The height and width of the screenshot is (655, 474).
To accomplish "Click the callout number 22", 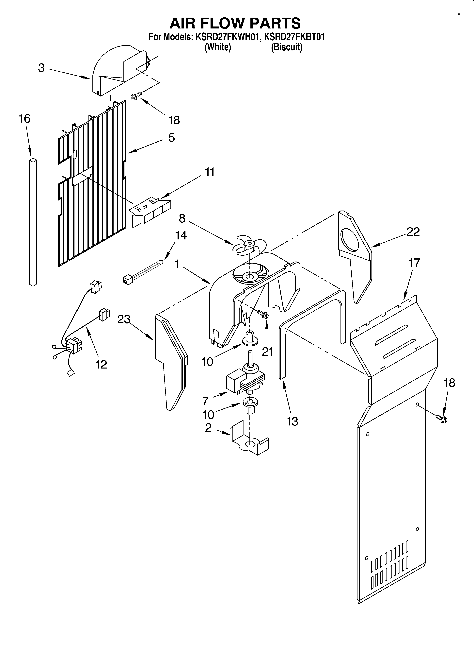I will [x=413, y=232].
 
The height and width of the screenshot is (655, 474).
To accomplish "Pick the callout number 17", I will [x=414, y=263].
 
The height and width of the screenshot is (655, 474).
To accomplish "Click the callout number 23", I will [x=124, y=319].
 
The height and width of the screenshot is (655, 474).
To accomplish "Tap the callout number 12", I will [x=101, y=364].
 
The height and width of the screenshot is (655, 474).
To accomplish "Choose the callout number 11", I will [x=210, y=172].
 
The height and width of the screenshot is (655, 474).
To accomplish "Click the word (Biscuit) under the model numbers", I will [x=287, y=47].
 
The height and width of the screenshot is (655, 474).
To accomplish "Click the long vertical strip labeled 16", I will [x=33, y=222].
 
